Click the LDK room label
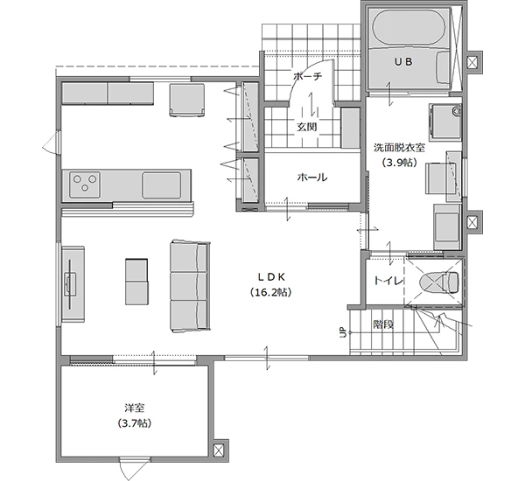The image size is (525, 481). [271, 277]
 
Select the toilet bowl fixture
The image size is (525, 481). [439, 282]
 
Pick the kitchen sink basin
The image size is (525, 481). [162, 185]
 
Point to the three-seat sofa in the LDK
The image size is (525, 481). [190, 286]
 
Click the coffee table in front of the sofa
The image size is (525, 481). [136, 282]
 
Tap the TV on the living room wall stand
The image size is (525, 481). [70, 284]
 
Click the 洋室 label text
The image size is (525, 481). [134, 408]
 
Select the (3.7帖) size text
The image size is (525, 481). [134, 423]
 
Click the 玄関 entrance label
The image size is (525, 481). [307, 127]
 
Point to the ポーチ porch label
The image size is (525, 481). [307, 77]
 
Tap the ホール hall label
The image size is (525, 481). [312, 178]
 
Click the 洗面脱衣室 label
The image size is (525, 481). [400, 148]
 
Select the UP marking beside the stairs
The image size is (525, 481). [343, 332]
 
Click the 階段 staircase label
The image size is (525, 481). [383, 324]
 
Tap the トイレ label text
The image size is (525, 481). [388, 281]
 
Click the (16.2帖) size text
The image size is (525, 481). [271, 292]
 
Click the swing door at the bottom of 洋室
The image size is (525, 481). [134, 470]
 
